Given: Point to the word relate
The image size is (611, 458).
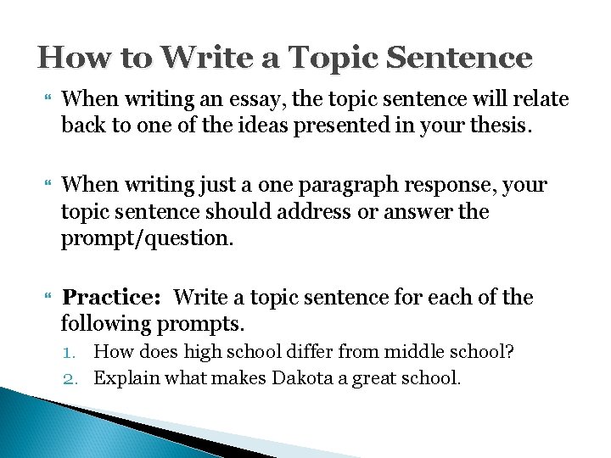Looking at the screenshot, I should tap(538, 99).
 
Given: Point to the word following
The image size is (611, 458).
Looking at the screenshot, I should tap(106, 323).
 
